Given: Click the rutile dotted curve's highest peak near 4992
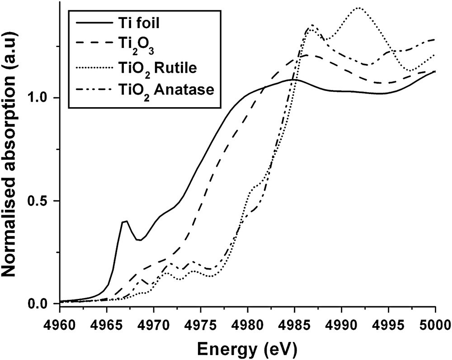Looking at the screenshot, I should coord(358,8).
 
